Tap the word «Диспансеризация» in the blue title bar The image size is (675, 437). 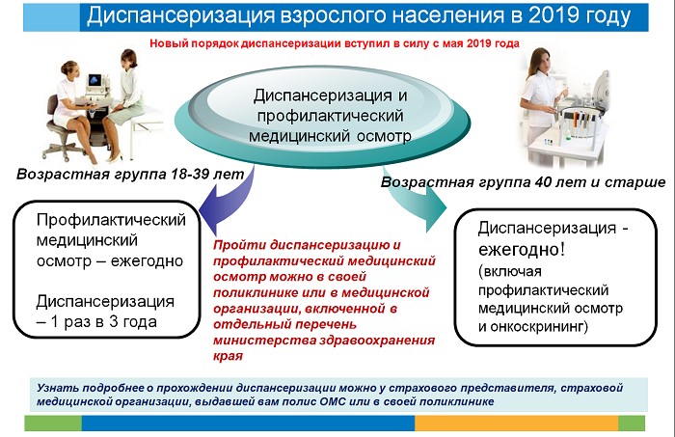pyautogui.click(x=181, y=16)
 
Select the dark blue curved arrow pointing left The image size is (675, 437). pyautogui.click(x=229, y=199)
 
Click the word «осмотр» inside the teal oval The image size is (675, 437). pyautogui.click(x=384, y=136)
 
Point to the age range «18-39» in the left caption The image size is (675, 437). pyautogui.click(x=190, y=174)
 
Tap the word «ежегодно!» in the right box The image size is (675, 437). pyautogui.click(x=522, y=249)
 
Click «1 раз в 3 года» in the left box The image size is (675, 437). pyautogui.click(x=103, y=322)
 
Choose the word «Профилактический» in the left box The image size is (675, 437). pyautogui.click(x=111, y=220)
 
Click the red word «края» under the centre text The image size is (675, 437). pyautogui.click(x=228, y=357)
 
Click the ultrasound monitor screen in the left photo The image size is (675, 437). pyautogui.click(x=94, y=80)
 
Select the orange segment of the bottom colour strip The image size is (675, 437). pyautogui.click(x=517, y=423)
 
